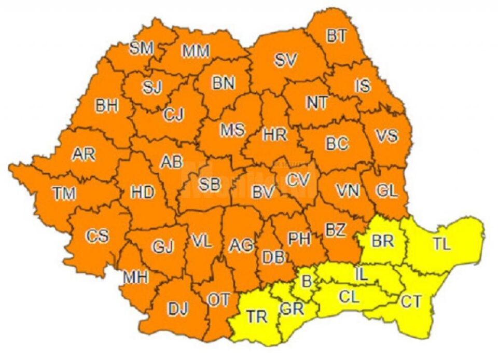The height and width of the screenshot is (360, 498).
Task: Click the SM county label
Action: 142,49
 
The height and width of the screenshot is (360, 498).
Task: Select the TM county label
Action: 64,193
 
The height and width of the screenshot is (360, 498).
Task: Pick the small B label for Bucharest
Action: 307,282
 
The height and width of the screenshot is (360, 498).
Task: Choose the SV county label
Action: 285,61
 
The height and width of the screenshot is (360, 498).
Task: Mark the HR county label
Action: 274,135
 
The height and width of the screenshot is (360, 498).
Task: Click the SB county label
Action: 210,184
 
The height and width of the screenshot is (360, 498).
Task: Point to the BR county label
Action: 383,241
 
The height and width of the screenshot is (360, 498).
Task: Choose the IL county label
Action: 361,274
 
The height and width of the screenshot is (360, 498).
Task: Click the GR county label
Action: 292,308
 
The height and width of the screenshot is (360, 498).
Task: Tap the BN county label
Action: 224,82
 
